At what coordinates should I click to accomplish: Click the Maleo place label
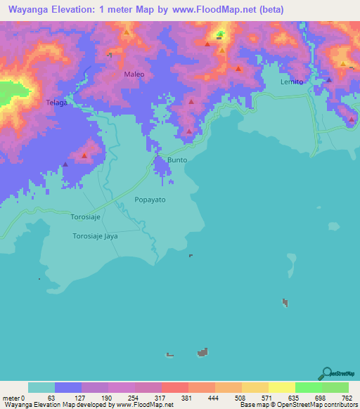tap(134, 74)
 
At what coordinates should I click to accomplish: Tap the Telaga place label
tap(56, 103)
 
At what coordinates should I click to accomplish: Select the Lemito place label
tap(291, 82)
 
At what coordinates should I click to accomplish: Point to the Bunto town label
tap(177, 161)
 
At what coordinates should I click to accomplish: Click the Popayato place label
tap(150, 200)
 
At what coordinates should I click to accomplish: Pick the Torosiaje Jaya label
tap(95, 236)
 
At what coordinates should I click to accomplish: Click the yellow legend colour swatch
tap(281, 387)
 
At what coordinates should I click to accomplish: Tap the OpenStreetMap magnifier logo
tap(326, 373)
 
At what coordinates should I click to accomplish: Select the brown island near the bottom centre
tap(203, 351)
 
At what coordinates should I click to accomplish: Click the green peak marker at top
tap(220, 33)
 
